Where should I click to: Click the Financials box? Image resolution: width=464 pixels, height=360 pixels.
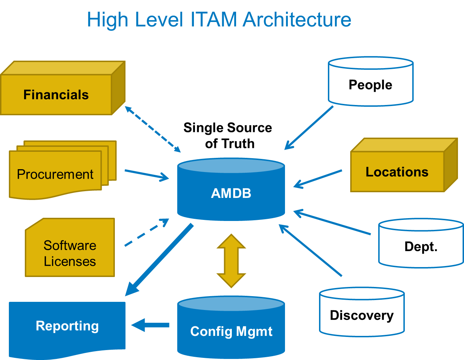point(56,95)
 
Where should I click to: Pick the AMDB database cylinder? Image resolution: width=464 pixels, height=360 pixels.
point(231,193)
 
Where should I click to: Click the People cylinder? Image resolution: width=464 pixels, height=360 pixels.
point(370,85)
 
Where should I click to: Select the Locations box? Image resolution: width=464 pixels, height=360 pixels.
point(397,172)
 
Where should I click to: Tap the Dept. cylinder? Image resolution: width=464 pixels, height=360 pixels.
point(421,247)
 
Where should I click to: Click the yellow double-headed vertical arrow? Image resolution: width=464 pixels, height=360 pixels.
point(231,261)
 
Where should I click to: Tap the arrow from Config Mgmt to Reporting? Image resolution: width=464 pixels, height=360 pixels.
point(150,325)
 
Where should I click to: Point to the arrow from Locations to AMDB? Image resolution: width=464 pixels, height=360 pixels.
point(318,178)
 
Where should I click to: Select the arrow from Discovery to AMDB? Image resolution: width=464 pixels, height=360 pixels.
point(310,250)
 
